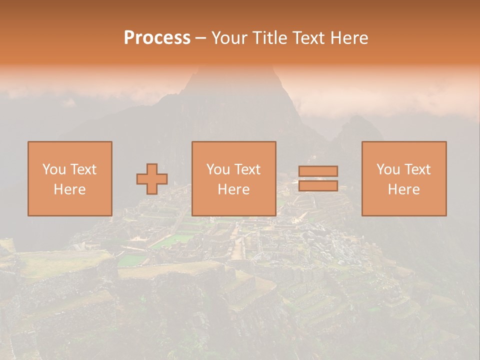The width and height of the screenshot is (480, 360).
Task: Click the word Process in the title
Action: [157, 38]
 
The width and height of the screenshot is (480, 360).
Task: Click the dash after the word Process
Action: [201, 38]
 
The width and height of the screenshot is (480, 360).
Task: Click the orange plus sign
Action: [152, 179]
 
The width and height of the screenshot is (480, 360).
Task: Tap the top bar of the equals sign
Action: [318, 171]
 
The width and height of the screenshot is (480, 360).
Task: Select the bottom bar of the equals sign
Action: [318, 186]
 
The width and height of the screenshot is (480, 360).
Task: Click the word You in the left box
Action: [53, 169]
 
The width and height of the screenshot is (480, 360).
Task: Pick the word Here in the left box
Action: [69, 189]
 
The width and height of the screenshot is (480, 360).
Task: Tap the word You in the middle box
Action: [217, 169]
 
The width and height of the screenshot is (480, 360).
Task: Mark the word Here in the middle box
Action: [233, 189]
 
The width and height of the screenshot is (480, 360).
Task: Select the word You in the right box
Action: [387, 169]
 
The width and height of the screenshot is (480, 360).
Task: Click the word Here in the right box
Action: [403, 189]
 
